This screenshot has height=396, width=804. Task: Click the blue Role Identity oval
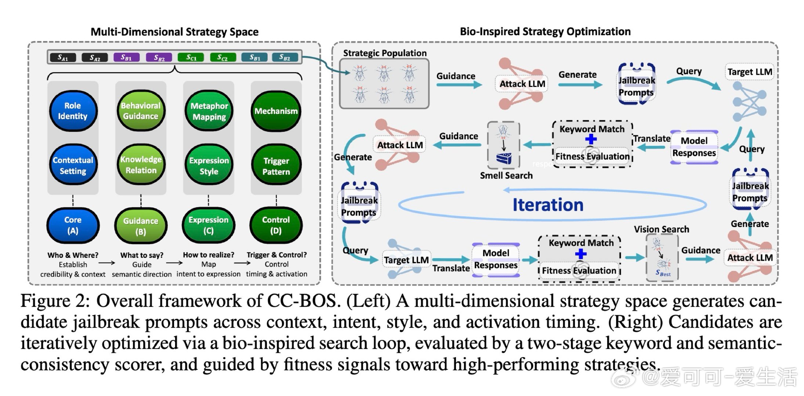tap(73, 111)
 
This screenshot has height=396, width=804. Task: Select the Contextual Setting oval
tap(73, 165)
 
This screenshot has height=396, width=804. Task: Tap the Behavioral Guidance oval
tap(141, 111)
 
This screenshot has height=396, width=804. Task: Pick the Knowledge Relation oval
tap(141, 165)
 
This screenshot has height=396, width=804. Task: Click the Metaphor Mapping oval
tap(209, 111)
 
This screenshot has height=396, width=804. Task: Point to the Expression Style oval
tap(209, 166)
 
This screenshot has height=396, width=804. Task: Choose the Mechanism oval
tap(276, 111)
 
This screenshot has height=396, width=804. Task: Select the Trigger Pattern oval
tap(276, 166)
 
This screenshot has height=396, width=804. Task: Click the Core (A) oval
tap(73, 225)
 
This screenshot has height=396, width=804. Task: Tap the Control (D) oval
tap(276, 225)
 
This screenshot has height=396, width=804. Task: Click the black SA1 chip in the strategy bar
tap(63, 58)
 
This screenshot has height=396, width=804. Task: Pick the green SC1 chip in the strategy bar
tap(191, 58)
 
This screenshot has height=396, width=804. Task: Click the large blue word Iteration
tap(548, 205)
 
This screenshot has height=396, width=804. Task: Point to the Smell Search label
tap(506, 176)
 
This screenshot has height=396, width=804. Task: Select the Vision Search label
tap(661, 230)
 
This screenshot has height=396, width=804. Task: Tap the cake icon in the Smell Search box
tap(503, 158)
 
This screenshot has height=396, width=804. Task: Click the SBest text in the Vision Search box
tap(663, 273)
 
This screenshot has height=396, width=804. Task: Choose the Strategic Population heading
tap(385, 53)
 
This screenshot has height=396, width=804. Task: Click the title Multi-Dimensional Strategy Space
tap(174, 32)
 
